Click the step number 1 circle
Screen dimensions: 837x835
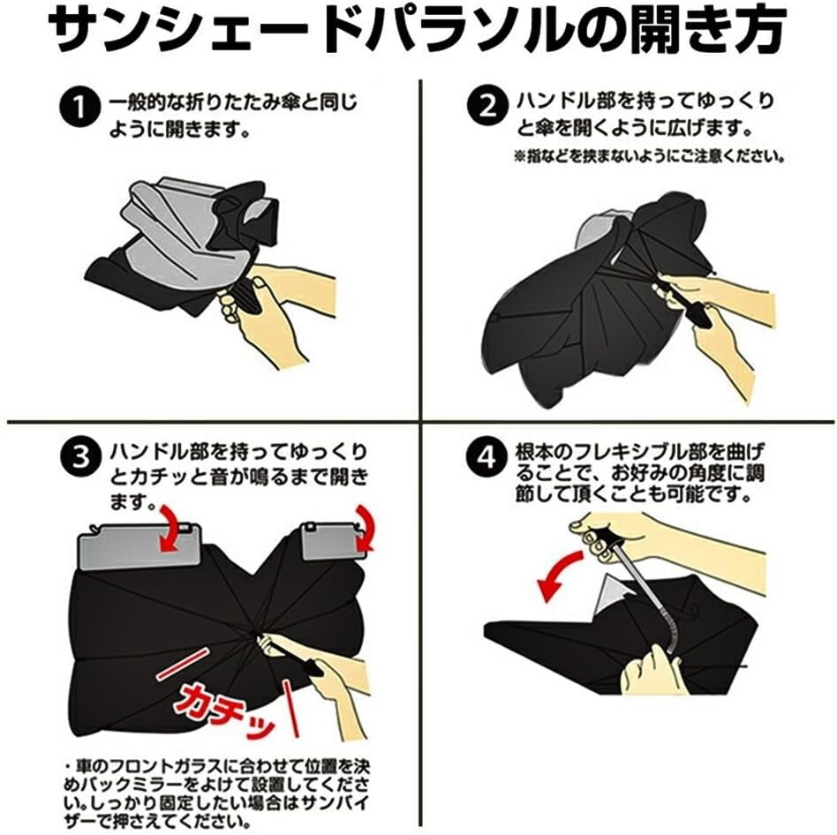pos(79,109)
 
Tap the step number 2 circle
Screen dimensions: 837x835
pos(487,108)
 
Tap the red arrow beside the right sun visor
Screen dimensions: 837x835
pos(366,528)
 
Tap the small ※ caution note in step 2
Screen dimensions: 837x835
pos(649,157)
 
